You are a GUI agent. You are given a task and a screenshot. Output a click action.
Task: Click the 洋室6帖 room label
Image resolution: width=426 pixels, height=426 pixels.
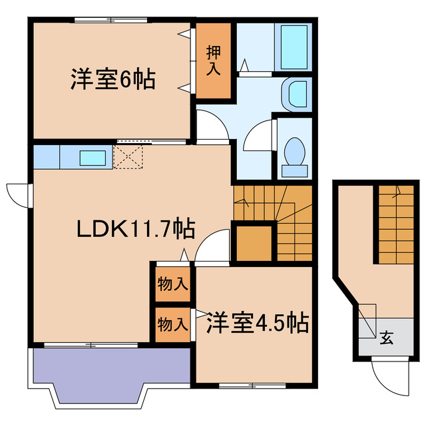tap(112, 79)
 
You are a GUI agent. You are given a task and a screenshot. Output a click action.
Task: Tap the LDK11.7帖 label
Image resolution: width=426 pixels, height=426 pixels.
tap(135, 230)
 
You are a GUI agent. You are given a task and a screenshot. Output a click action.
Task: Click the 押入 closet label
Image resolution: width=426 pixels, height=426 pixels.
tap(213, 60)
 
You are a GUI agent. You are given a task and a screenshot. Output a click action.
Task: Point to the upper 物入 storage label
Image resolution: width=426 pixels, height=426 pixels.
tap(172, 284)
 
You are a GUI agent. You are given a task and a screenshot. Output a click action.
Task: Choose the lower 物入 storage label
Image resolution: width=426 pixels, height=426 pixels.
tap(172, 325)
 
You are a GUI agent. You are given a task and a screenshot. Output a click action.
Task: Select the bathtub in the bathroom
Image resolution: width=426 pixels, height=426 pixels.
tap(293, 48)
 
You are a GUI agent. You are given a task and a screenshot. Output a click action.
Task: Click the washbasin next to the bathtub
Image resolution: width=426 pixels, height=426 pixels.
tap(296, 93)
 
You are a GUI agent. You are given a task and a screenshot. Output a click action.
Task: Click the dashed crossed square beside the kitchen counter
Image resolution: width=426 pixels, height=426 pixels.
tap(128, 156)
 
